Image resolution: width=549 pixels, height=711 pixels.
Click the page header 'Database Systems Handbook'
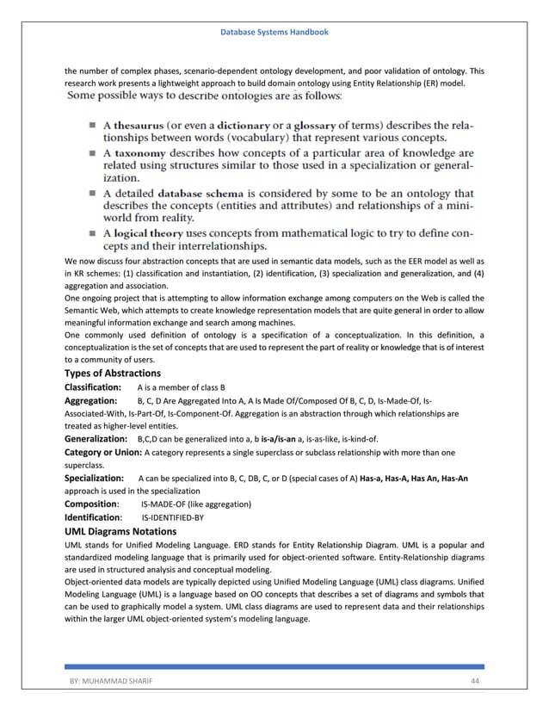[274, 32]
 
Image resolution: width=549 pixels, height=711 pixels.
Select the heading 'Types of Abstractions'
[113, 373]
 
